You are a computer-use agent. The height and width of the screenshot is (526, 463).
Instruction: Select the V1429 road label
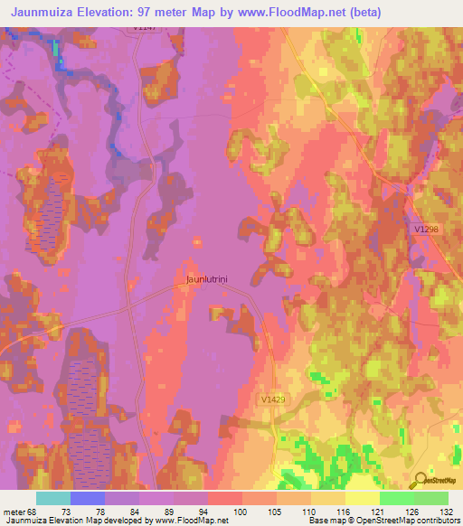pyautogui.click(x=274, y=399)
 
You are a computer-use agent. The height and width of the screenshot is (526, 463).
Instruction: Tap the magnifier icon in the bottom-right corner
pyautogui.click(x=420, y=481)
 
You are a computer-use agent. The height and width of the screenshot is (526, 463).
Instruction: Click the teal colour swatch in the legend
pyautogui.click(x=52, y=498)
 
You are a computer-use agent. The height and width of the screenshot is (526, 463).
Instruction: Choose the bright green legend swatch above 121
pyautogui.click(x=396, y=498)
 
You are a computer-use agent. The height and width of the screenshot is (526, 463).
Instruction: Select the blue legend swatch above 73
pyautogui.click(x=87, y=498)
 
